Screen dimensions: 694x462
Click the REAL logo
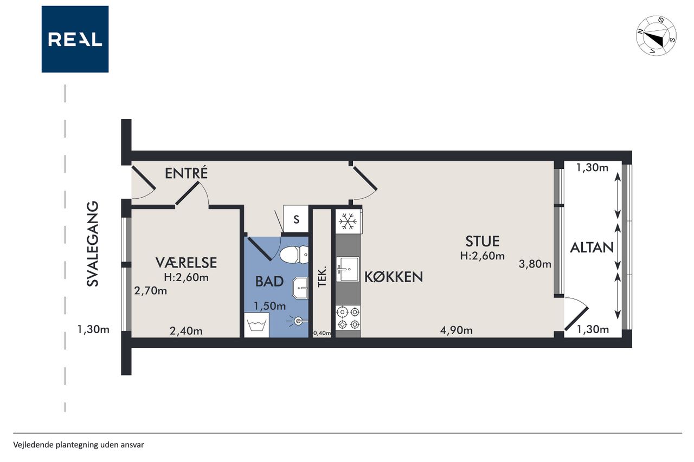point(75,39)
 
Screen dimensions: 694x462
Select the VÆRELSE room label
point(186,262)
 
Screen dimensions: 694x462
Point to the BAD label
point(269,281)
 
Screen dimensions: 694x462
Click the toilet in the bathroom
point(294,255)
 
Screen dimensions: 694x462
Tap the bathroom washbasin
point(300,288)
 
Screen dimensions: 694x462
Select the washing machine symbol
point(256,325)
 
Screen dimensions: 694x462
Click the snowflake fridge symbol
point(348,222)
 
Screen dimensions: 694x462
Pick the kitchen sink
point(348,269)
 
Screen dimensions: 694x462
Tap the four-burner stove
point(348,317)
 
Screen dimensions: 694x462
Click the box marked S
point(296,219)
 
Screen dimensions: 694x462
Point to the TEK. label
point(323,276)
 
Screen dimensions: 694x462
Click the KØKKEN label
point(394,277)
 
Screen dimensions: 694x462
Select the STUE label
point(483,242)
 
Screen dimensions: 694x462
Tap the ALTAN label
point(592,248)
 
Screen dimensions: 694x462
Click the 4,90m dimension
point(457,330)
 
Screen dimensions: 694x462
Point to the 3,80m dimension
point(535,264)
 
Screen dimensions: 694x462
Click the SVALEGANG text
point(92,244)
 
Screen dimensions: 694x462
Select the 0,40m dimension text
point(322,333)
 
